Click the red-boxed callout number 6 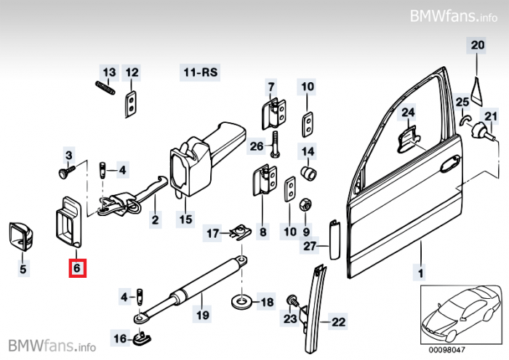pyautogui.click(x=77, y=269)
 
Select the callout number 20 pyautogui.click(x=476, y=45)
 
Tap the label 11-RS pyautogui.click(x=200, y=73)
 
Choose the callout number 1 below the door pyautogui.click(x=419, y=273)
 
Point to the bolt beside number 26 pyautogui.click(x=274, y=147)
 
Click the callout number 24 pyautogui.click(x=407, y=112)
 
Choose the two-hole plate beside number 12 pyautogui.click(x=132, y=104)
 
